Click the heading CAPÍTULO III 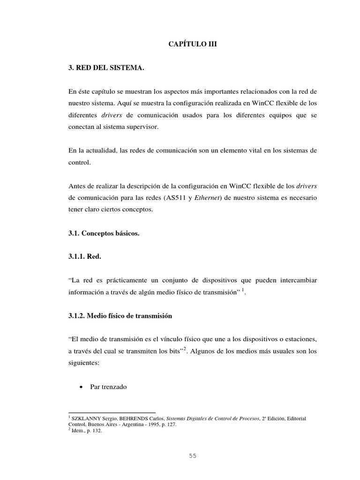(x=193, y=45)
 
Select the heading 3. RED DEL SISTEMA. (x=106, y=68)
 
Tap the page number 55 (x=193, y=455)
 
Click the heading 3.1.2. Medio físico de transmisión (x=120, y=316)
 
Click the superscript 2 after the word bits (x=185, y=348)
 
